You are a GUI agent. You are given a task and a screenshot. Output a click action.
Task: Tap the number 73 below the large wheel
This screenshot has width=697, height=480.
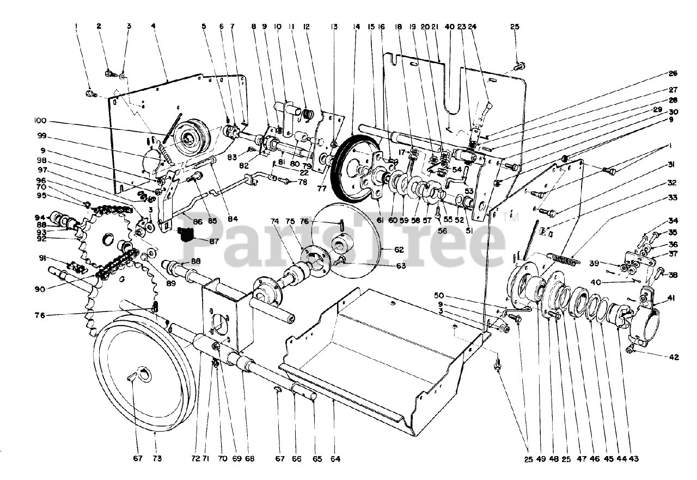[x=157, y=459]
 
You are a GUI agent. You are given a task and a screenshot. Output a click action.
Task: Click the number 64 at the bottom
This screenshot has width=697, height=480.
[x=335, y=459]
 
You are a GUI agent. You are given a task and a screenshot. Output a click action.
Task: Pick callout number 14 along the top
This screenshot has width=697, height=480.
[x=356, y=26]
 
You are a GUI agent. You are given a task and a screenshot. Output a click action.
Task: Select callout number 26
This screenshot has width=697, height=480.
[x=674, y=73]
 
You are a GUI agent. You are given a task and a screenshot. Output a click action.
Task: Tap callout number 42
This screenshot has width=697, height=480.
[x=674, y=357]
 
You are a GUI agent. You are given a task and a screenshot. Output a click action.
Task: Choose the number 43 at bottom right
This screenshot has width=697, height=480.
[x=633, y=459]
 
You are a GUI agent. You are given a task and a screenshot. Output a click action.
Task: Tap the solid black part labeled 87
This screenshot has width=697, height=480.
[x=186, y=234]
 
